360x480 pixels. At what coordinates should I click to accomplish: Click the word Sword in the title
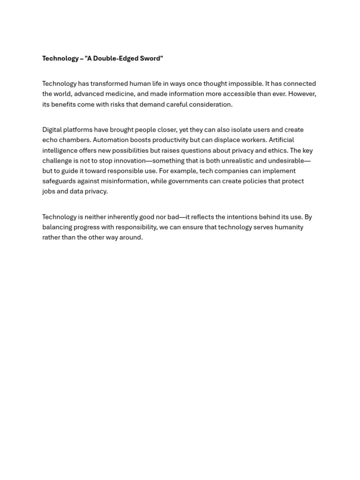pos(150,59)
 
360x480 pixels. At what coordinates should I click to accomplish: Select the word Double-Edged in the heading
pos(116,59)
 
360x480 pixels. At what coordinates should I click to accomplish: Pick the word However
pos(302,94)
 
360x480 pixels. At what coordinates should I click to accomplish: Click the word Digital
pos(52,130)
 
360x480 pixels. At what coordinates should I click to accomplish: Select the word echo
pos(50,140)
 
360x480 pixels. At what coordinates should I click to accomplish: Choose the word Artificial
pos(281,140)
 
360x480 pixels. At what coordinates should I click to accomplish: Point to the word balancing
pos(57,227)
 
